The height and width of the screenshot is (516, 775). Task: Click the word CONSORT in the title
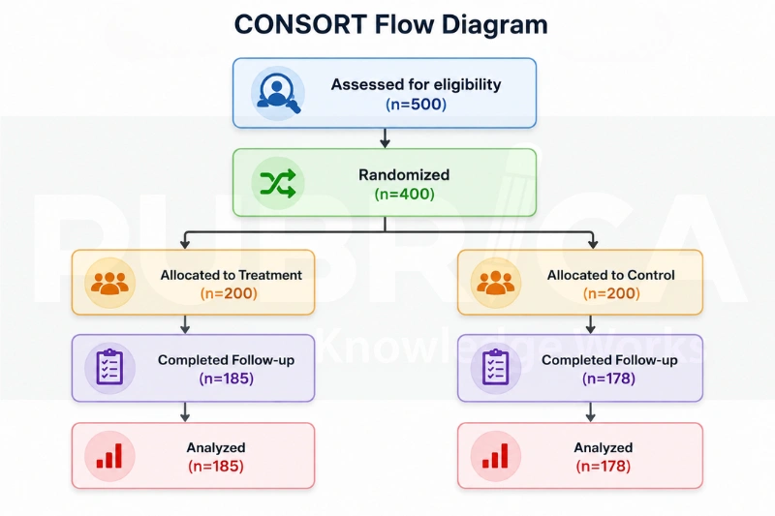click(300, 25)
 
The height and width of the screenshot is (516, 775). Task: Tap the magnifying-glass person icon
click(277, 93)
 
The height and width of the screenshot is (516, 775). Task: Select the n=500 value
click(416, 105)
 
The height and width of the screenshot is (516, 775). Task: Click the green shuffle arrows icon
click(278, 183)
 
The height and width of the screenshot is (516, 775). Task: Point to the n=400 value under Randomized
click(404, 194)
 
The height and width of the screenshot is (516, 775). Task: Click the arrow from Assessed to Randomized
click(385, 138)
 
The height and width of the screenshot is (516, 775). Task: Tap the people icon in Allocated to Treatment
click(109, 283)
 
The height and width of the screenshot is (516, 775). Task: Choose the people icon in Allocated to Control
click(495, 283)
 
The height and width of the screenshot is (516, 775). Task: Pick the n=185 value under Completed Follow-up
click(227, 379)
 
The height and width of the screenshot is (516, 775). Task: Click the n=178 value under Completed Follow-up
click(608, 379)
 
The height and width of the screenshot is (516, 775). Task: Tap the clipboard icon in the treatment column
click(109, 367)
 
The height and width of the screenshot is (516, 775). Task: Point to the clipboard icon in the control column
click(495, 367)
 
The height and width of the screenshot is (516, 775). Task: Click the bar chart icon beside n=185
click(109, 456)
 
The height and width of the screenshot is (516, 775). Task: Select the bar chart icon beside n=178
click(495, 456)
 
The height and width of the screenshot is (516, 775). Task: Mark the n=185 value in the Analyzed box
click(216, 466)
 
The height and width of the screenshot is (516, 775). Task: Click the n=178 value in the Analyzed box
click(603, 466)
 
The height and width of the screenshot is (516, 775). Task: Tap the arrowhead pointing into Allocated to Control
click(593, 244)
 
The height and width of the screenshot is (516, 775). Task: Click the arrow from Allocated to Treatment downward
click(185, 324)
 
